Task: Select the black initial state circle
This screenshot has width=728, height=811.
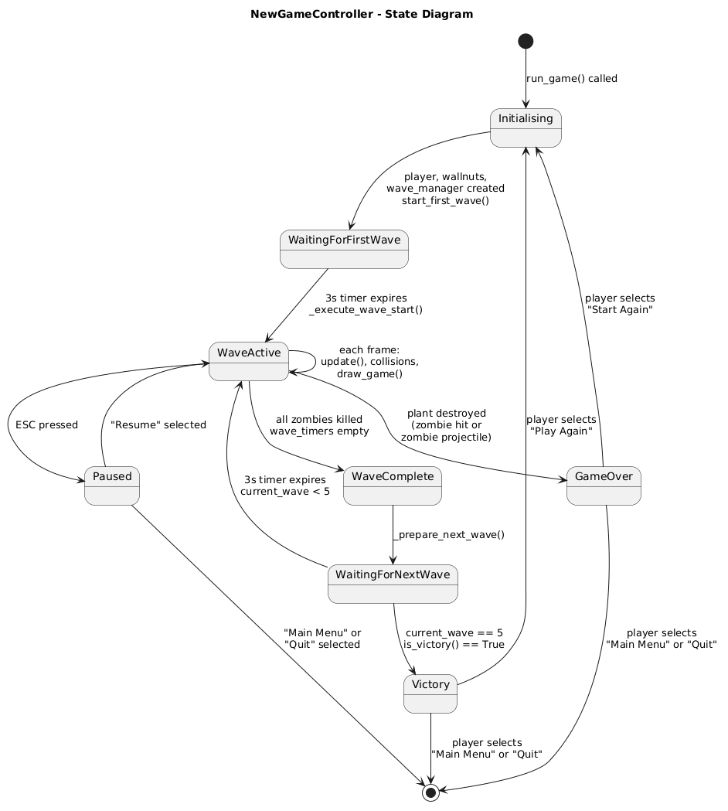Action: coord(526,41)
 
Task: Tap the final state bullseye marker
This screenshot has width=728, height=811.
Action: coord(430,792)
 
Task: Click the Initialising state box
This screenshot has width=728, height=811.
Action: coord(526,128)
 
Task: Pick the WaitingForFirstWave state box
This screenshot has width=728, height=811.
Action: coord(344,249)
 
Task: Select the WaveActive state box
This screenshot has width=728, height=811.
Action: coord(248,361)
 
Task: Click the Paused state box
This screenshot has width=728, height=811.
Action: coord(112,486)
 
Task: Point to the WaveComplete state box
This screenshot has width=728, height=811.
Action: coord(393,486)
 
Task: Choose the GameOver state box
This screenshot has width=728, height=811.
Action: coord(604,486)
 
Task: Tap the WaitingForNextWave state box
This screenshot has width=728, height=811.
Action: coord(393,584)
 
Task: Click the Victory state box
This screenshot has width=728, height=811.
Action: coord(430,693)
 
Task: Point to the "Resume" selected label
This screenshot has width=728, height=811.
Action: coord(158,424)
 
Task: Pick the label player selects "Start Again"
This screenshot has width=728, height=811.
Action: coord(620,304)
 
